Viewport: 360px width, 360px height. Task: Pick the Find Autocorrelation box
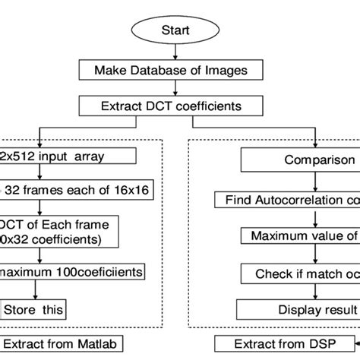pos(289,201)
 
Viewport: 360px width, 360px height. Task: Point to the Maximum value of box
pos(300,237)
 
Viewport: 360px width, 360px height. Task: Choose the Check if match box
pos(300,273)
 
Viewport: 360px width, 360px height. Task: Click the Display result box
pos(300,309)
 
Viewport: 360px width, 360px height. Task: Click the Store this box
pos(33,309)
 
